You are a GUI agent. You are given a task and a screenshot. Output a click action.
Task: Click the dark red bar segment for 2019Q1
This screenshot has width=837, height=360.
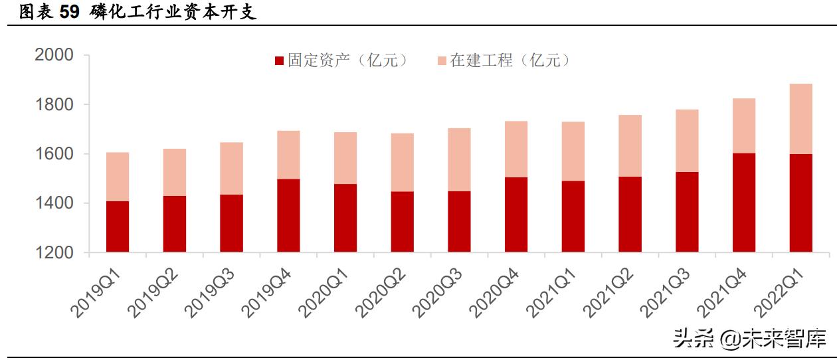(118, 226)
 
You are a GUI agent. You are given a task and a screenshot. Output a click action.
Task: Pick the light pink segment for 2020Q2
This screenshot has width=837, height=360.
(403, 162)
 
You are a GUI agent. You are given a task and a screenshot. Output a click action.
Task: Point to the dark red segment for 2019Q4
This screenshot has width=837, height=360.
(288, 215)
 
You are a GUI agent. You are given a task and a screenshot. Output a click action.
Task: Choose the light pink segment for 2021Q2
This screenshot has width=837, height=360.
(630, 145)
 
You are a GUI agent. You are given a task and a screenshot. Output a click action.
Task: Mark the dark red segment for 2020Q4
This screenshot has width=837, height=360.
(516, 215)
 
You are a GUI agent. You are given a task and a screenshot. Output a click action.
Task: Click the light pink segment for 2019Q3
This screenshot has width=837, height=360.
(232, 168)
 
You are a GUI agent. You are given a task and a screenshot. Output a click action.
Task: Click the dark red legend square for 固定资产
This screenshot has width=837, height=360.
(280, 61)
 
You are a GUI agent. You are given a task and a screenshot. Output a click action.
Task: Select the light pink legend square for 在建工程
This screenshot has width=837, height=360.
(442, 61)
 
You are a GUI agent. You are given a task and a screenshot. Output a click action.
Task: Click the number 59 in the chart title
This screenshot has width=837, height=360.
(70, 13)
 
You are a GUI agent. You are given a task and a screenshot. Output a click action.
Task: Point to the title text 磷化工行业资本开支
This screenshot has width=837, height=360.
(173, 13)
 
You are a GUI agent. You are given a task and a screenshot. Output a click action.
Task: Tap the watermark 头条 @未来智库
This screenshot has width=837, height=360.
(750, 338)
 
